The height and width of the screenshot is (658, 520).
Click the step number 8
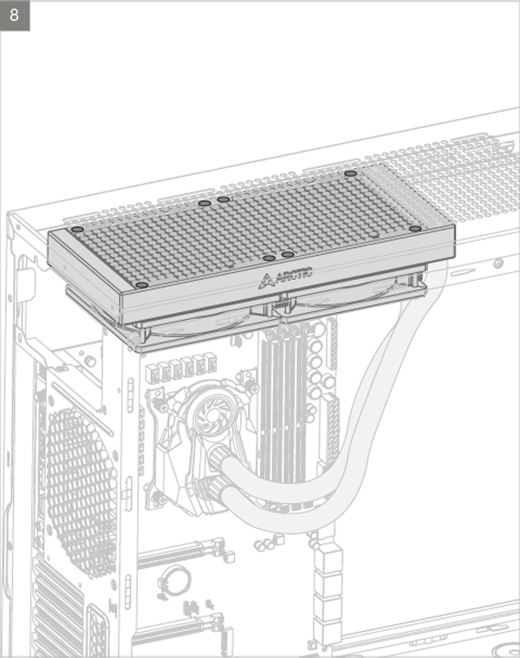click(x=14, y=15)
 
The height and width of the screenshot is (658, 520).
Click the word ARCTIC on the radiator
click(x=294, y=274)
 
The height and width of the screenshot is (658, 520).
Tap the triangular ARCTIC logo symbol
click(x=266, y=281)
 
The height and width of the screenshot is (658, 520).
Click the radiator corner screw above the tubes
click(x=415, y=229)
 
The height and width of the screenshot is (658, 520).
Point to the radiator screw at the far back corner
click(x=351, y=173)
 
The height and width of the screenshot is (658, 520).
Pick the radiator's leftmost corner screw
click(x=77, y=230)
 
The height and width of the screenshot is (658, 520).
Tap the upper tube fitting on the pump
click(x=218, y=459)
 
